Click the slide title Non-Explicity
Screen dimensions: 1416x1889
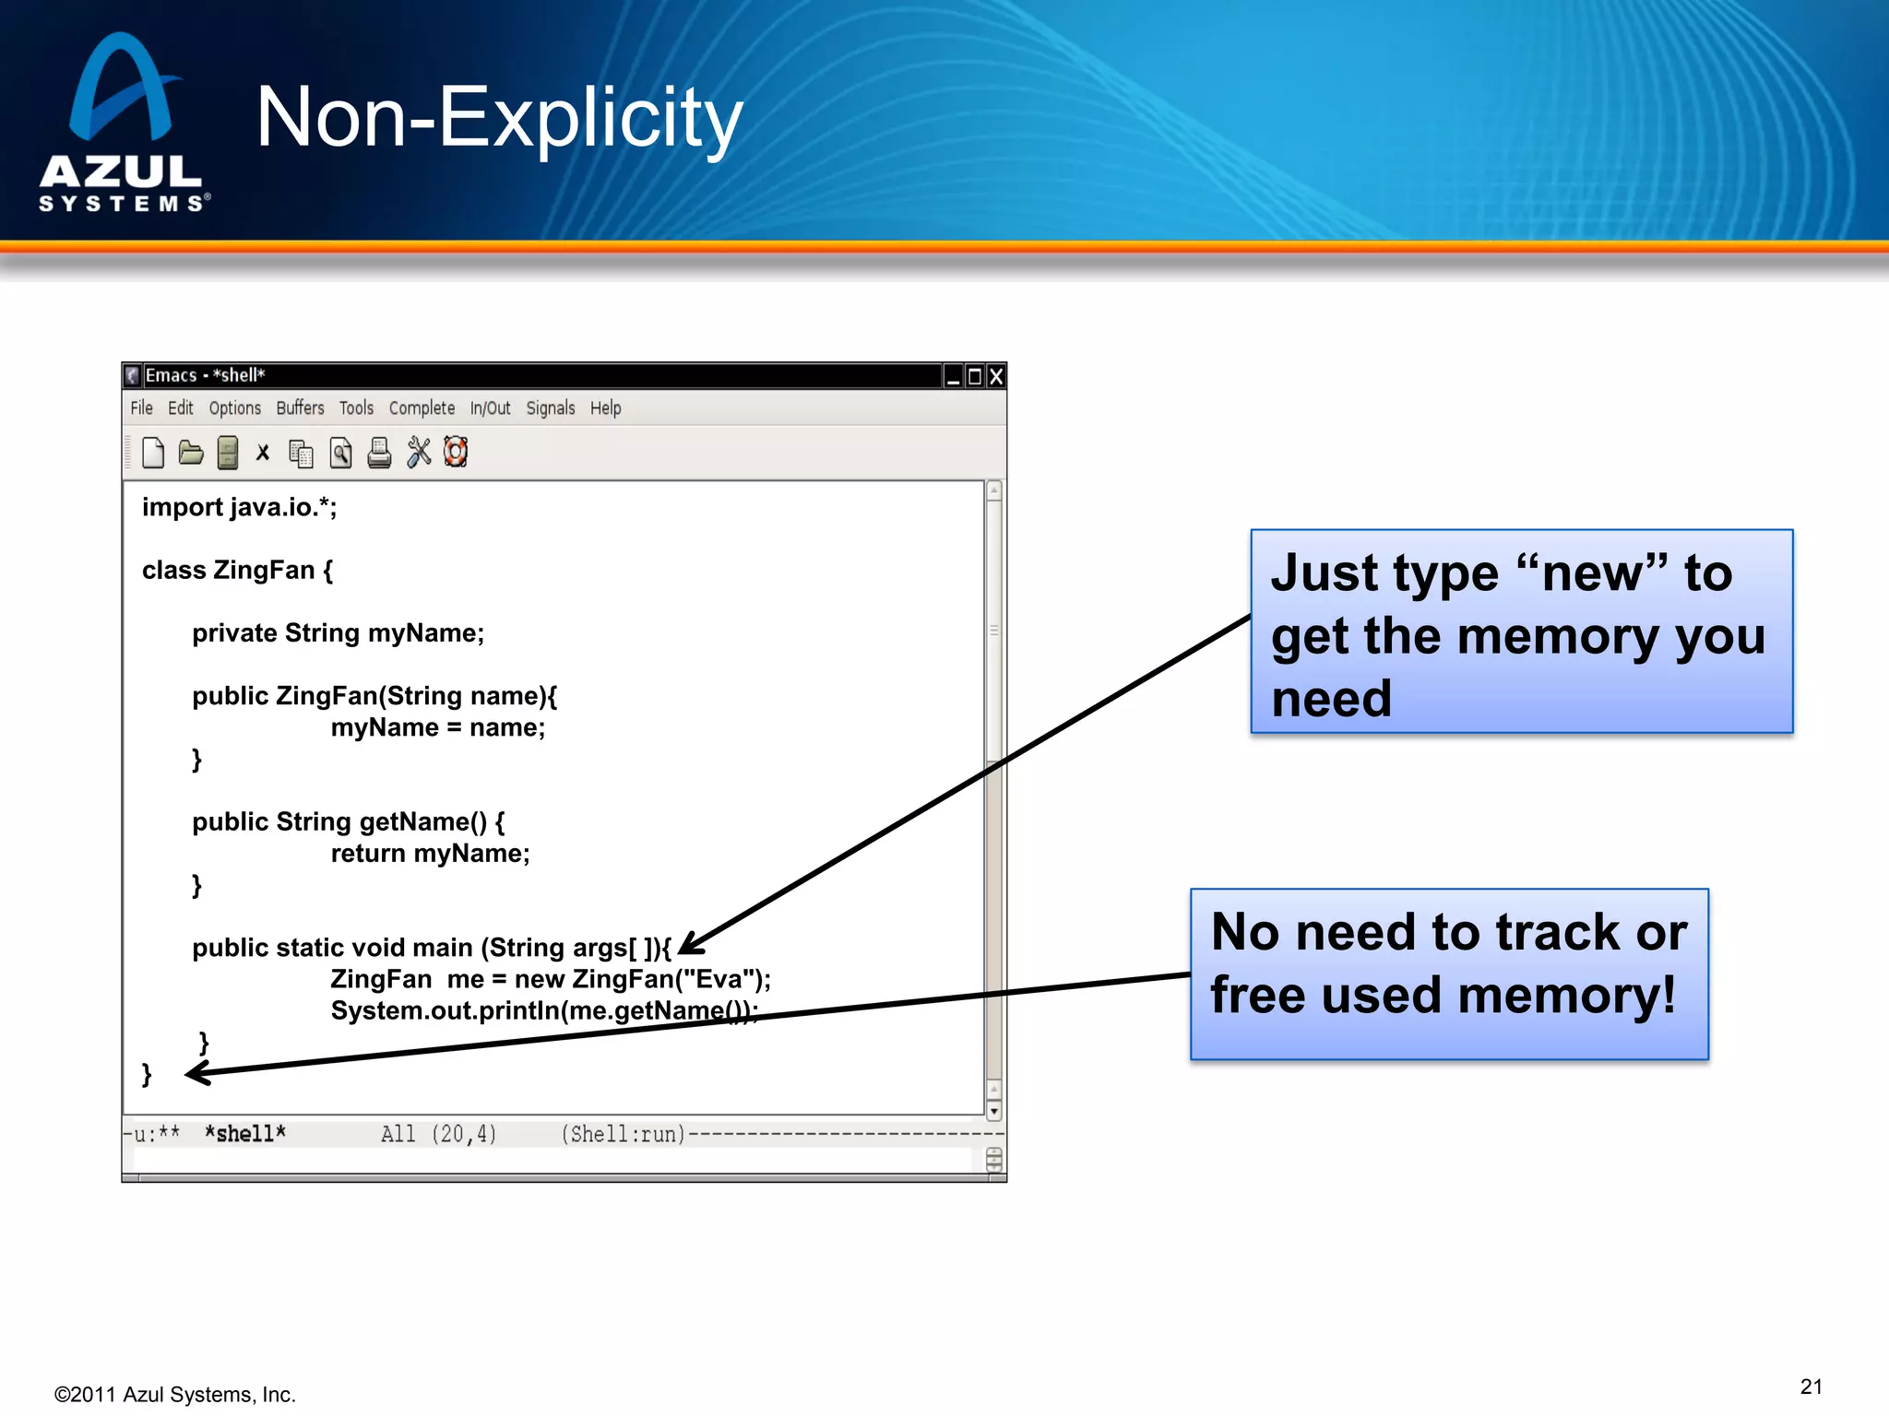tap(499, 118)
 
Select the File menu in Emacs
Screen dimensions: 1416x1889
tap(141, 407)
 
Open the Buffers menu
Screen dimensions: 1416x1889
tap(300, 407)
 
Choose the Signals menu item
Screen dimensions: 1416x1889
tap(550, 407)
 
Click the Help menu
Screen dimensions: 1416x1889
tap(605, 407)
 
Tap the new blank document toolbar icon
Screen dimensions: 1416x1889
tap(153, 453)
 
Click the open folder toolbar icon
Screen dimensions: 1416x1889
tap(191, 453)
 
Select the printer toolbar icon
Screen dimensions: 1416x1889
tap(379, 453)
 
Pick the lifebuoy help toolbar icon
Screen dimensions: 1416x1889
tap(456, 453)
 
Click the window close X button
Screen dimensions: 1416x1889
tap(996, 376)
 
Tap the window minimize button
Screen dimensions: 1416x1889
tap(953, 376)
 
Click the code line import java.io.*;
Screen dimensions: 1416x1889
tap(239, 507)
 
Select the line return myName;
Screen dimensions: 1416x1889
tap(430, 854)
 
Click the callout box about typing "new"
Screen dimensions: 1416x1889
tap(1521, 632)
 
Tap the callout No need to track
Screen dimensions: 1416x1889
tap(1448, 973)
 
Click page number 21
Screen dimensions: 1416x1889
tap(1811, 1386)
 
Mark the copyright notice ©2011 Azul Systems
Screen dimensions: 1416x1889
tap(174, 1395)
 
